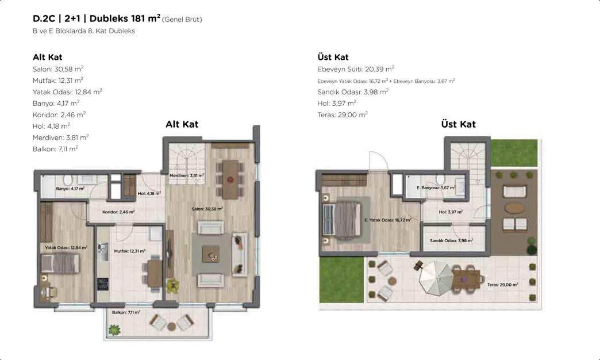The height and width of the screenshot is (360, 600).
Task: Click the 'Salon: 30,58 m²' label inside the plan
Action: coord(207,209)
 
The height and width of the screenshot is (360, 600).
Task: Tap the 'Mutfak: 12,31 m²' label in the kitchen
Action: coord(130,251)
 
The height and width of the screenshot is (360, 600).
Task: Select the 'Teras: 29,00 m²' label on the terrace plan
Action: coord(502,285)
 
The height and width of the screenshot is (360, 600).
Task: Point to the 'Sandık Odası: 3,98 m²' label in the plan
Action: coord(451,240)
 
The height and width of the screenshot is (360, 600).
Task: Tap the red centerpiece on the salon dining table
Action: coord(230,179)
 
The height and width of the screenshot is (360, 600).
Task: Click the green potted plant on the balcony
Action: coord(114,330)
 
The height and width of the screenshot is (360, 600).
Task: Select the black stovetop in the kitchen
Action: coord(102,284)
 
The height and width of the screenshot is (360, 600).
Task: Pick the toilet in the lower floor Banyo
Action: coord(68,180)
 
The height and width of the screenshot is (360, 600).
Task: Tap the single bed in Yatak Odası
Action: coord(60,264)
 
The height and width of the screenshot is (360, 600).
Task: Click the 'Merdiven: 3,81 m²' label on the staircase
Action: coord(187,175)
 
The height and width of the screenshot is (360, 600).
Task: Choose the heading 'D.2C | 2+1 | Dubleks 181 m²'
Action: coord(97,18)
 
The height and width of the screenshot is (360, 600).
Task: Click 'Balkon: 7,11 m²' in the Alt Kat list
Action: coord(56,148)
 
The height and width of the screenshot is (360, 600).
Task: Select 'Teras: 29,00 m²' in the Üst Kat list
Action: coord(343,114)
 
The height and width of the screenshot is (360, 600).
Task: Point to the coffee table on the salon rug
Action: coord(211,254)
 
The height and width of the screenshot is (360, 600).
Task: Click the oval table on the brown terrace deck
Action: coord(514,208)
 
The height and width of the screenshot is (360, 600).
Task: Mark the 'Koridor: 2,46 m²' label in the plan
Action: coord(118,212)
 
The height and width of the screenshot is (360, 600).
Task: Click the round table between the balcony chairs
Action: coord(171,327)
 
